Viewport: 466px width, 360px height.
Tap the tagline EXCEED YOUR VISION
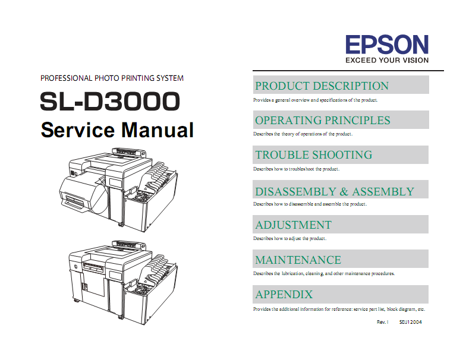[387, 61]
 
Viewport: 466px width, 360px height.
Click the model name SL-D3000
[110, 101]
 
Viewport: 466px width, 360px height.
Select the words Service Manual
[117, 130]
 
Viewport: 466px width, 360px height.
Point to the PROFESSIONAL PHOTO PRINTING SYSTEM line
[112, 78]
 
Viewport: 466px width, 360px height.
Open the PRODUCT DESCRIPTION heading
[322, 86]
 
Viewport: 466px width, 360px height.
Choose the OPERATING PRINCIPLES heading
[323, 120]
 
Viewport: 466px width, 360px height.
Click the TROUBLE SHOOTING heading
[314, 154]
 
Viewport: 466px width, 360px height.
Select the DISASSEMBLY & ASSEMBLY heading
[335, 191]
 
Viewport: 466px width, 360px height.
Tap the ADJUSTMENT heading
[294, 225]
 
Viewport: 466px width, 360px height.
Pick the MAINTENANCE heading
[298, 260]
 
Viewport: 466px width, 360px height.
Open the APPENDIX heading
[284, 295]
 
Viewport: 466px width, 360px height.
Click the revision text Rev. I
[383, 322]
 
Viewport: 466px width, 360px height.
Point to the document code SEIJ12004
[410, 322]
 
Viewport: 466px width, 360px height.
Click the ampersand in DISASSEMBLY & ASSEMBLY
[344, 192]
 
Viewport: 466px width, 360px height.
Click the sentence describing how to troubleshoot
[296, 169]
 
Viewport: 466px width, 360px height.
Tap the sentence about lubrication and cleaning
[324, 273]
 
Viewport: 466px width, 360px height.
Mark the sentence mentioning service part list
[339, 309]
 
